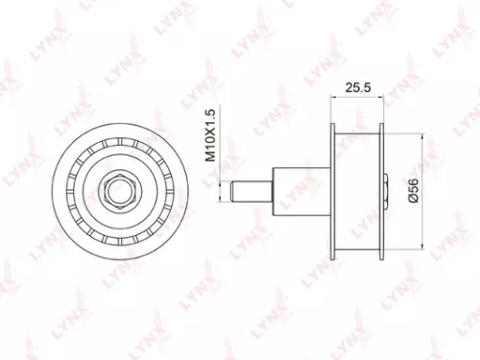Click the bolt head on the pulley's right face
coord(386,185)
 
